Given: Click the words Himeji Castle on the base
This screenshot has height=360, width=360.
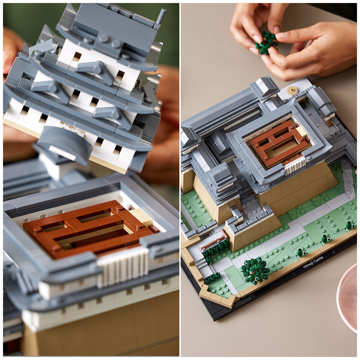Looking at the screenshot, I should [313, 262].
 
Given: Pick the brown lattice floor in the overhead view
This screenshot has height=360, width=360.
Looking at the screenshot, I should [279, 144].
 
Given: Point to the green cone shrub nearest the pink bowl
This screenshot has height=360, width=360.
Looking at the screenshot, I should [349, 225].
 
